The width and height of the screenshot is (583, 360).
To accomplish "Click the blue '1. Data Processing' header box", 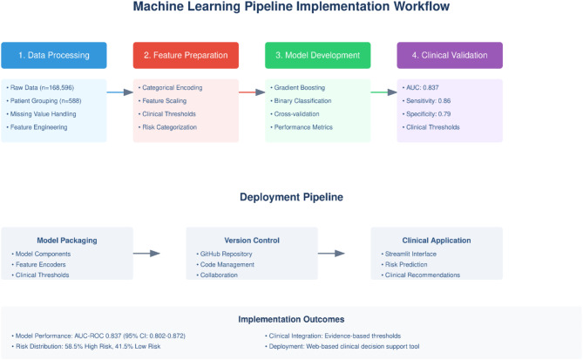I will pyautogui.click(x=54, y=55).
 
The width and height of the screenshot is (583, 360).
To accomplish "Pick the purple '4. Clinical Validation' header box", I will pyautogui.click(x=449, y=55).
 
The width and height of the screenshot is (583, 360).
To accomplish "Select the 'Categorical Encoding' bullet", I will pyautogui.click(x=173, y=88).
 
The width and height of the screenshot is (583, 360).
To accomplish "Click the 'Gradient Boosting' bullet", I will pyautogui.click(x=300, y=88).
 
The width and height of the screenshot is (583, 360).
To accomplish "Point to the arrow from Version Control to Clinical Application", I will pyautogui.click(x=345, y=253).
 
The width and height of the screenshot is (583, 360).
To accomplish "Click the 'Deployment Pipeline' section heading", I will pyautogui.click(x=291, y=198).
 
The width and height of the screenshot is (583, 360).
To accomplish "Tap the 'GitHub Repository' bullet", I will pyautogui.click(x=228, y=253).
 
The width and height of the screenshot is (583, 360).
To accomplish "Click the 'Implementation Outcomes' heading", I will pyautogui.click(x=291, y=319).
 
